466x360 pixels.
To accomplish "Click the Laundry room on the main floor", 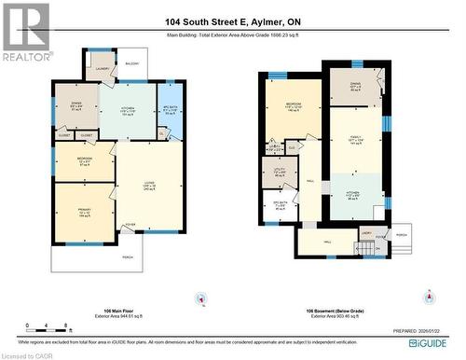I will click(102, 70).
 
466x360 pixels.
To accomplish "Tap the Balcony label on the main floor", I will click(131, 64).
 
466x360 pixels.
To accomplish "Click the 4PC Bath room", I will click(169, 111).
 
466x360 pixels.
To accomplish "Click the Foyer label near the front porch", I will click(130, 225).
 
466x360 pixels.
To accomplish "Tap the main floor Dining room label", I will click(75, 107).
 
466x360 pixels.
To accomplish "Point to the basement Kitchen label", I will click(355, 196).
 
